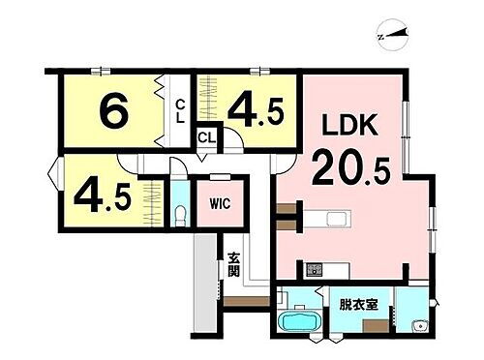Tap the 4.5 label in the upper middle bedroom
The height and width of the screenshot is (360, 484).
[257, 111]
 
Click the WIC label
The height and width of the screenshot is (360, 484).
[216, 204]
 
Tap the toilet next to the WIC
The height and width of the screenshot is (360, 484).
[180, 212]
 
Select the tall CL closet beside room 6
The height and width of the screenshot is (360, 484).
[179, 111]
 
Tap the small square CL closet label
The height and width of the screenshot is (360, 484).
[205, 138]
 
